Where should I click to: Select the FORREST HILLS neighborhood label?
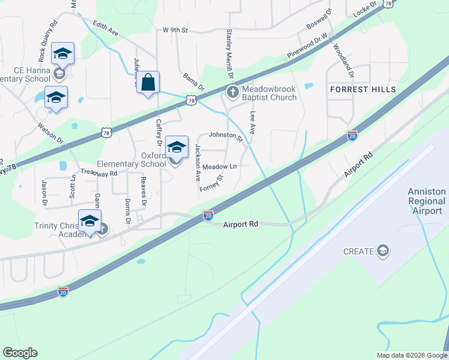coord(363,89)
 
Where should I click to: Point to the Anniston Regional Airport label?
coord(427,201)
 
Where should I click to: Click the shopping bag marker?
coord(148,82)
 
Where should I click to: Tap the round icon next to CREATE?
coord(382,251)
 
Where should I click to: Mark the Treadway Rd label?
coord(99,172)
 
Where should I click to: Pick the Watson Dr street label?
coord(50,134)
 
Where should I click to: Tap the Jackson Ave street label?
coord(197,163)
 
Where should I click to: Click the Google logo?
coord(20,353)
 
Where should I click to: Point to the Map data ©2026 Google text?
coord(411,355)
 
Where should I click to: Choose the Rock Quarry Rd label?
coord(47,42)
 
